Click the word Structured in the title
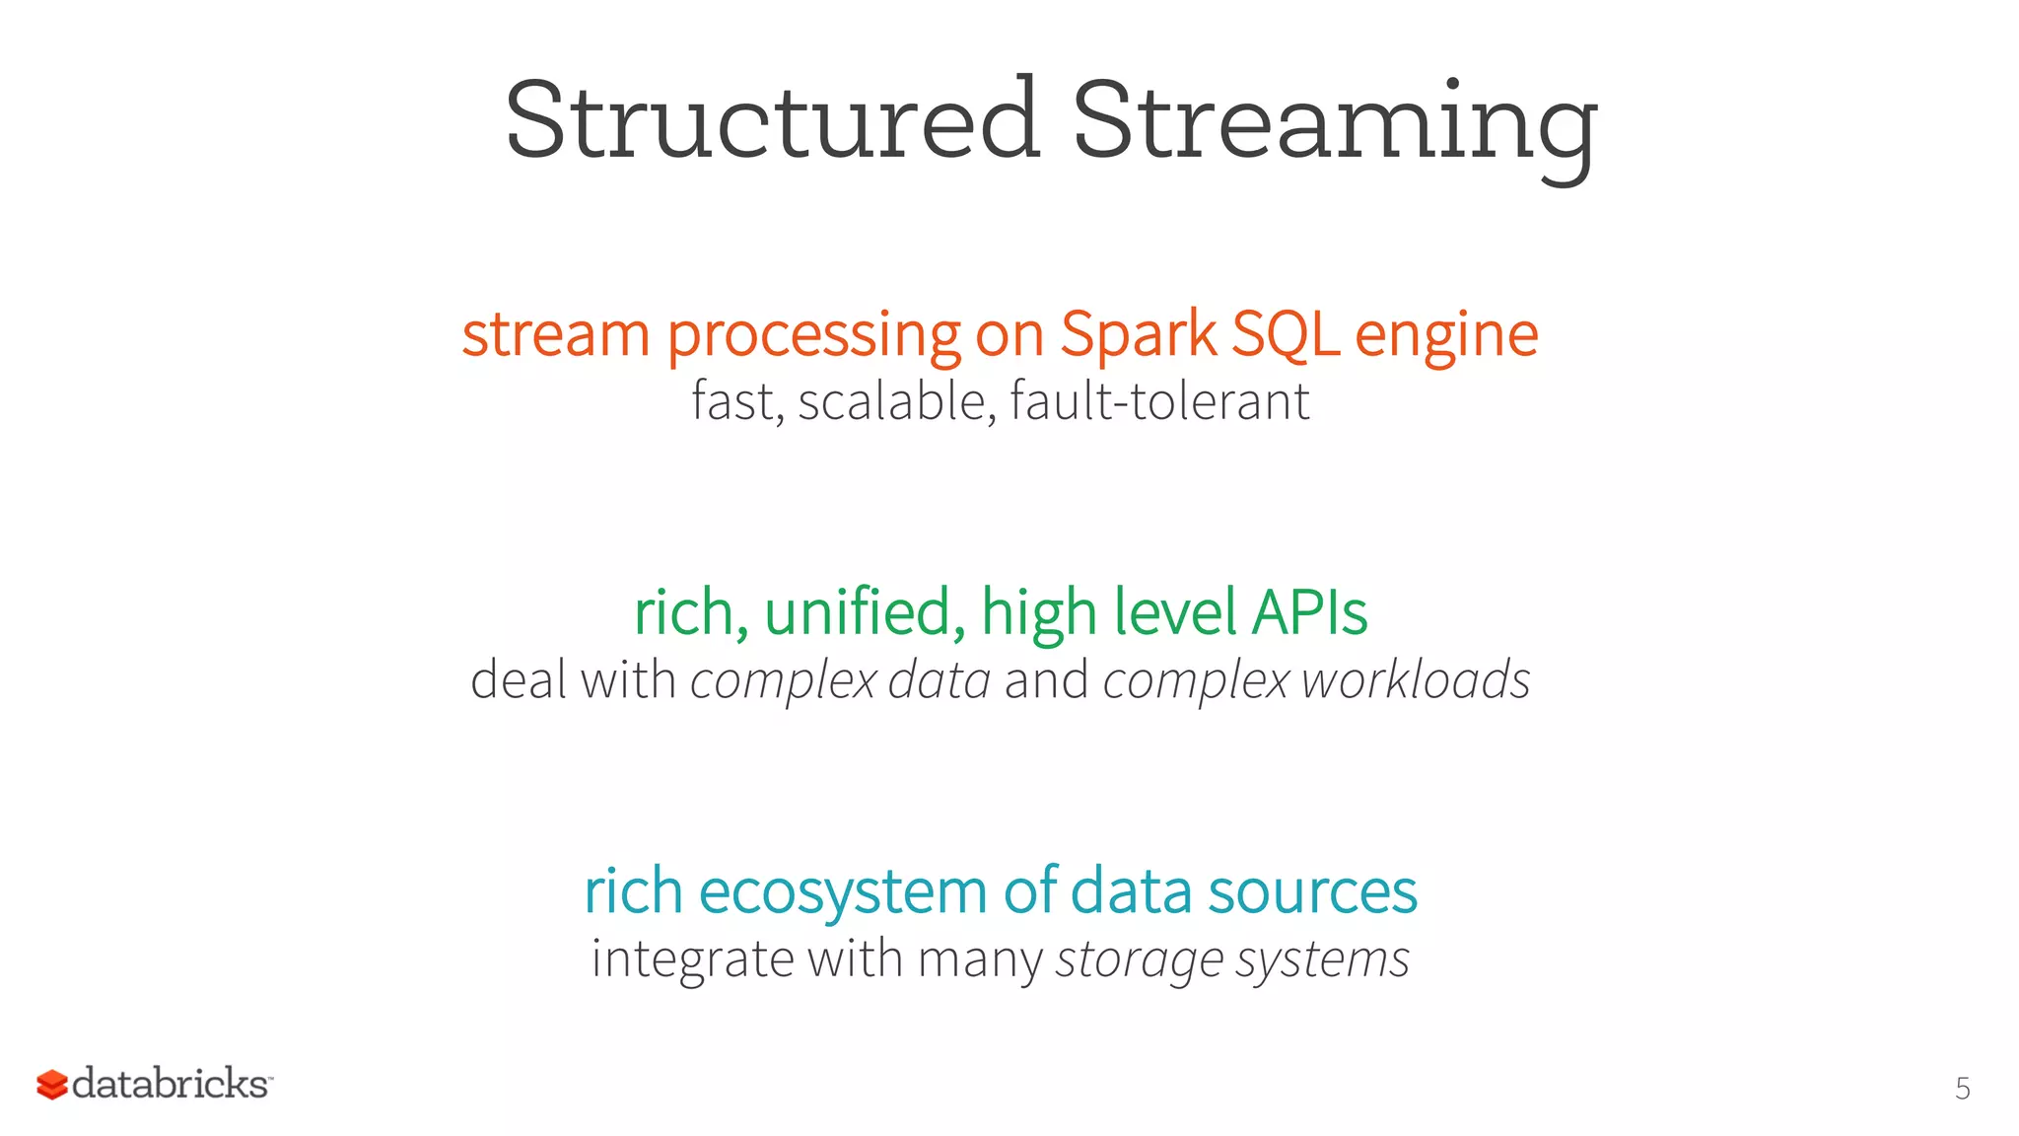point(772,120)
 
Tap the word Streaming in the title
point(1334,124)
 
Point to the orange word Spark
point(1138,335)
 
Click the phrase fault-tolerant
point(1159,401)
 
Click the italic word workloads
point(1415,680)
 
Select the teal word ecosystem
point(843,891)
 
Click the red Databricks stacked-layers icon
point(52,1085)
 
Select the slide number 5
point(1962,1089)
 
